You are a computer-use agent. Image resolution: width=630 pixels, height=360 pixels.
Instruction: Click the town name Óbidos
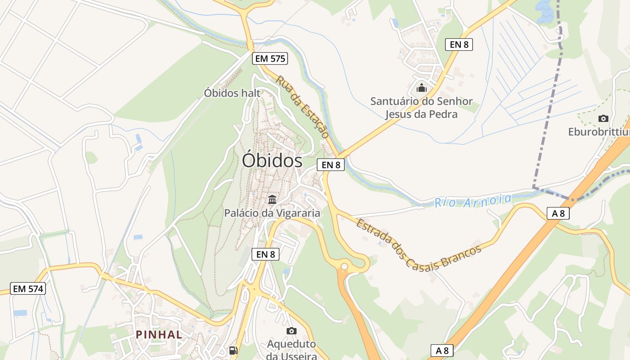point(272,161)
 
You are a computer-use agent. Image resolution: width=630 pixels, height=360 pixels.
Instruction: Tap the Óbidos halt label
point(232,93)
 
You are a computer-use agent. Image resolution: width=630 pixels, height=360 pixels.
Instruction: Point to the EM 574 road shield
point(28,289)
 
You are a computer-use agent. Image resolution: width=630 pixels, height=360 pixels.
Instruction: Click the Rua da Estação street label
point(302,107)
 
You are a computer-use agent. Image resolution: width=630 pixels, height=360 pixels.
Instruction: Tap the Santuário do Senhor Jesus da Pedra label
point(421,108)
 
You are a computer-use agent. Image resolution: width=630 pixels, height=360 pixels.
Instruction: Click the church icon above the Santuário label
point(422,88)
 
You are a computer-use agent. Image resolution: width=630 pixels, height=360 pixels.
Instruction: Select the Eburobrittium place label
point(598,132)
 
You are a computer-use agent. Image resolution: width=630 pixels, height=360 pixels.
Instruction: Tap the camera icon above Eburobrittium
point(603,118)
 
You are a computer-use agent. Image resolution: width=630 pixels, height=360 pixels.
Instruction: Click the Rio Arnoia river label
point(473,200)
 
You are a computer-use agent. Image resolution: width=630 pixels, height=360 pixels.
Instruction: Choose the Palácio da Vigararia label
point(272,213)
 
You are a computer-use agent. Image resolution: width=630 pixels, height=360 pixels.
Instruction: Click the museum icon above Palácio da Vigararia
point(272,199)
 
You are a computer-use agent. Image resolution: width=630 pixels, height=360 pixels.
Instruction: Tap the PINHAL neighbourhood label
point(159,334)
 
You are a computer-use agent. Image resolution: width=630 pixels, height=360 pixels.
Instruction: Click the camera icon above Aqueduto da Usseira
point(292,331)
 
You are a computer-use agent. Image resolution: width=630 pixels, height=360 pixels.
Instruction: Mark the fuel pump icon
point(233,350)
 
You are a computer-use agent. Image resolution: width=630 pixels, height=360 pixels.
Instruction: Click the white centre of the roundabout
point(344,267)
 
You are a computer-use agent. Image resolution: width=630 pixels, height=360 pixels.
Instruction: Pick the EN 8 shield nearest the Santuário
point(459,45)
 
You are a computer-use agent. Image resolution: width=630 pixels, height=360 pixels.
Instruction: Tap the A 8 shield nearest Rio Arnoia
point(558,213)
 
